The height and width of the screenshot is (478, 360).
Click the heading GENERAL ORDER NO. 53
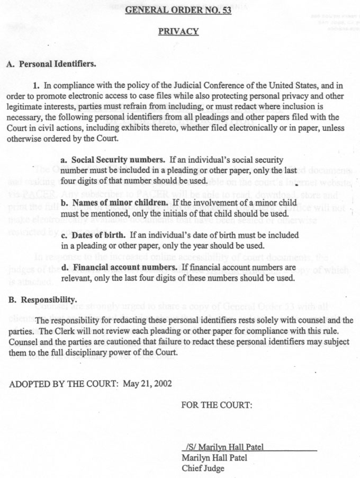pos(178,11)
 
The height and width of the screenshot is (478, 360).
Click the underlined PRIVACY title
pos(178,32)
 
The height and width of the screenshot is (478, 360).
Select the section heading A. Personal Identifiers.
pos(50,64)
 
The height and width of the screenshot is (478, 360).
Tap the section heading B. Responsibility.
pos(43,300)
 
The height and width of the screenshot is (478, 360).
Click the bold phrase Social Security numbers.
pos(118,160)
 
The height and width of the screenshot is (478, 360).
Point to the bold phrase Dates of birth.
pos(96,235)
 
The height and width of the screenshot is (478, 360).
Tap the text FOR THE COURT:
pos(217,405)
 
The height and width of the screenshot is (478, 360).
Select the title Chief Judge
pos(203,468)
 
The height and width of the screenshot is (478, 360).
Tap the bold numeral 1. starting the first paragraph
pos(37,85)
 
